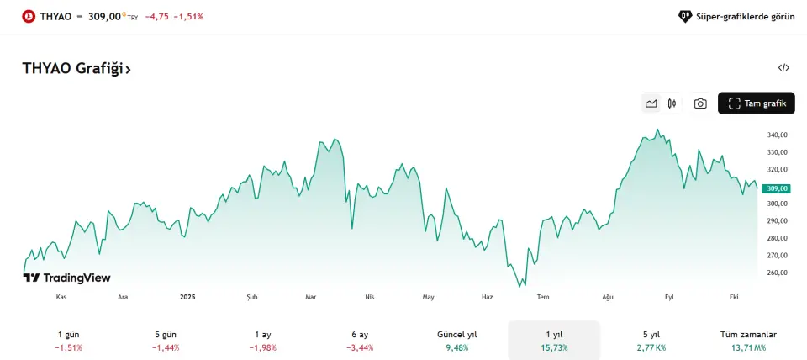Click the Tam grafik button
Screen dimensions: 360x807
[756, 103]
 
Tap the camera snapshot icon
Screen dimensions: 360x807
[700, 103]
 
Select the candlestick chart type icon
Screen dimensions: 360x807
[672, 103]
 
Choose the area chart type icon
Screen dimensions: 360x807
[651, 103]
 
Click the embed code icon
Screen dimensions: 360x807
[783, 68]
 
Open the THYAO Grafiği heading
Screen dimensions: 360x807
[76, 69]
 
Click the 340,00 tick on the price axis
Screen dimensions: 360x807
[777, 135]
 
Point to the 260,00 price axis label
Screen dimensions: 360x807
[777, 273]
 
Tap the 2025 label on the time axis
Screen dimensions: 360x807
[187, 297]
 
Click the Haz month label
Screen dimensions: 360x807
[488, 297]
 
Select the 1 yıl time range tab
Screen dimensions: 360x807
[554, 340]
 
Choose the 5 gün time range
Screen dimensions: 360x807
[166, 340]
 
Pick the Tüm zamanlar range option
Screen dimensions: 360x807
[748, 340]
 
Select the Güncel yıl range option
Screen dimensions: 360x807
[457, 340]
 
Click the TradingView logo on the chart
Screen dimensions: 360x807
[67, 278]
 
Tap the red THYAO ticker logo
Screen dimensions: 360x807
[29, 16]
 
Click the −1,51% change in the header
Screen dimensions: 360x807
[188, 16]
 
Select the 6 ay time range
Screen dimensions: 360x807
[360, 340]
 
